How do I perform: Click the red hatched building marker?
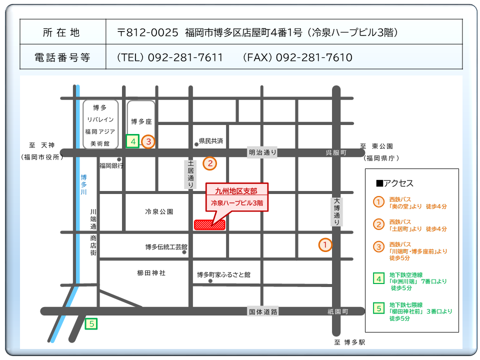[x=210, y=224]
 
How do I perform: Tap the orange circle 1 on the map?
[x=325, y=245]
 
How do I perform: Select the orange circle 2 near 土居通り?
[x=210, y=163]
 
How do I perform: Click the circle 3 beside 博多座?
[x=148, y=141]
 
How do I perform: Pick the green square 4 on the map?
[x=132, y=141]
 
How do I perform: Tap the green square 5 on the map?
[x=91, y=324]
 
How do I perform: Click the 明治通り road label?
[x=262, y=152]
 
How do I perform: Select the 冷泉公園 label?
[x=159, y=211]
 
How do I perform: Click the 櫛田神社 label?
[x=151, y=273]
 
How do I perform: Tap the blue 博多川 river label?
[x=83, y=184]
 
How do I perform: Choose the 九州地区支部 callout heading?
[x=234, y=190]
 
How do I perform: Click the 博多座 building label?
[x=141, y=121]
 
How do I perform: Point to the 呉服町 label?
[x=336, y=152]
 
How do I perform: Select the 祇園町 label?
[x=338, y=311]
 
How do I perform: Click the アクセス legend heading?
[x=394, y=183]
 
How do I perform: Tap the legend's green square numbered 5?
[x=379, y=308]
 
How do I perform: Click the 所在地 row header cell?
[x=62, y=32]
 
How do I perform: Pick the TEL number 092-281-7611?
[x=170, y=57]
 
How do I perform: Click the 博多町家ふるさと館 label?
[x=223, y=274]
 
